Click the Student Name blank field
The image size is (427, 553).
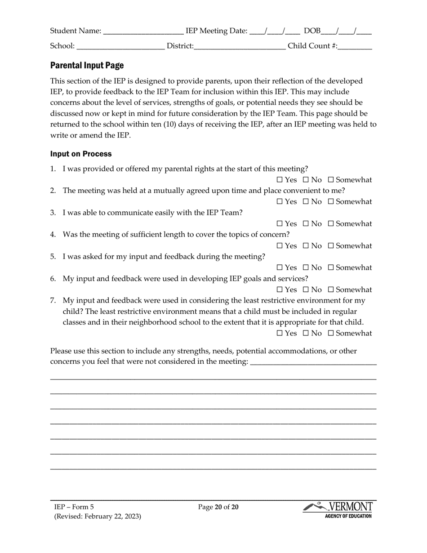(143, 31)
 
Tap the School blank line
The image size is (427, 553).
(120, 46)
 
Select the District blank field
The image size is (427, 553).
(240, 46)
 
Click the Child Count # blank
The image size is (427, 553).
(355, 46)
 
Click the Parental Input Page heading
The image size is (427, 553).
(87, 66)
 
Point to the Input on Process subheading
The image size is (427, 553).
(81, 154)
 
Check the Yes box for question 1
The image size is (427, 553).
(280, 180)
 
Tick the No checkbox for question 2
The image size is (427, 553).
(306, 202)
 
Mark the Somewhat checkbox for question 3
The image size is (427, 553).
(331, 224)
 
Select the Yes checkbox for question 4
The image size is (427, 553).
(280, 246)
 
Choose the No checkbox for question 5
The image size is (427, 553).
(306, 268)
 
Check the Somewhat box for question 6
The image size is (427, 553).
(331, 290)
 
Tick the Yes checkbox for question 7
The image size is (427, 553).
(280, 334)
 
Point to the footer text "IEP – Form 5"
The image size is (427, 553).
(74, 507)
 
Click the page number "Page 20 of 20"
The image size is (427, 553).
(218, 507)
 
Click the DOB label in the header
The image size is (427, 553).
(312, 31)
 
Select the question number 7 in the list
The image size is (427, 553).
(53, 300)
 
